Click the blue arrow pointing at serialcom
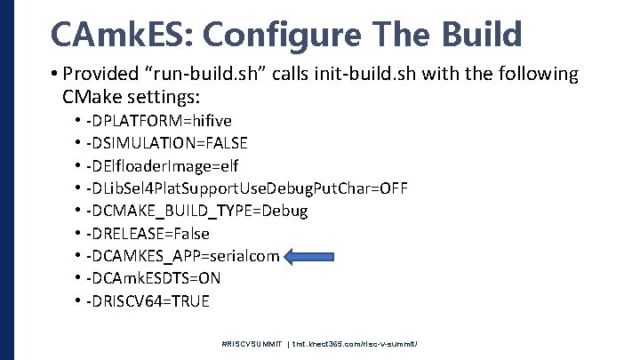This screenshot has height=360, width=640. (x=316, y=257)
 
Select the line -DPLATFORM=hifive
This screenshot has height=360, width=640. (x=159, y=120)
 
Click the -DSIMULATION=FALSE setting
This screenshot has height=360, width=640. (x=166, y=142)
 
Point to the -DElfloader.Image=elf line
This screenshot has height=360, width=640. (x=162, y=165)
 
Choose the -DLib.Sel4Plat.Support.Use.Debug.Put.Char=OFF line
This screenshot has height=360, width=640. (x=247, y=188)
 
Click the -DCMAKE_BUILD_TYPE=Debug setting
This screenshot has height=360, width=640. (x=196, y=211)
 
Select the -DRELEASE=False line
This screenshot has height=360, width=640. (x=148, y=234)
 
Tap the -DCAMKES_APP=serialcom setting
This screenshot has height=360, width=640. (x=182, y=256)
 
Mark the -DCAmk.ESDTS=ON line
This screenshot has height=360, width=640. (x=153, y=278)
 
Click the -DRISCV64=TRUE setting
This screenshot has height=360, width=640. (x=148, y=301)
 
